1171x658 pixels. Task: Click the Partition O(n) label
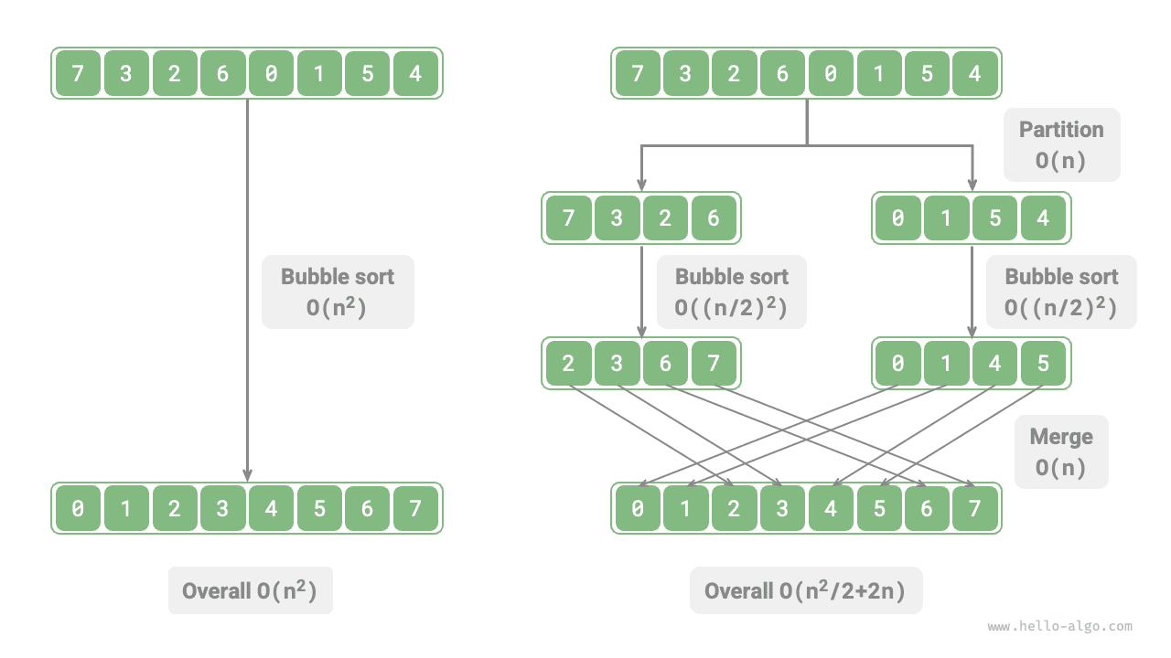tap(1061, 144)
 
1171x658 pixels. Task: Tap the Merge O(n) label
tap(1061, 451)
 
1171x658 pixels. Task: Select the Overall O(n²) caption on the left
tap(250, 590)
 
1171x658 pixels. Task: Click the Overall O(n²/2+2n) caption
tap(805, 590)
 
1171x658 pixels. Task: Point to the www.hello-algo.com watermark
tap(1059, 627)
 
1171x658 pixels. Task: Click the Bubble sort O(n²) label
tap(338, 292)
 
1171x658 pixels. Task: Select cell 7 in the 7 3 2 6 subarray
tap(569, 218)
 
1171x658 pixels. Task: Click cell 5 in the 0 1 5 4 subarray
tap(994, 218)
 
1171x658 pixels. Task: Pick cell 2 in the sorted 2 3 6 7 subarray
tap(569, 364)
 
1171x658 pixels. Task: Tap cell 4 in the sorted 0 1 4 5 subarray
tap(994, 364)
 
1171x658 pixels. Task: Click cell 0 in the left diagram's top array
tap(271, 73)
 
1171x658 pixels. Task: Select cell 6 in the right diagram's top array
tap(782, 73)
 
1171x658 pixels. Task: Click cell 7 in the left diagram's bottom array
tap(415, 508)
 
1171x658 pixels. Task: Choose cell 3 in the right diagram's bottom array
tap(782, 508)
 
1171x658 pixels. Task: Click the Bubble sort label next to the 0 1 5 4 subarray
tap(1061, 292)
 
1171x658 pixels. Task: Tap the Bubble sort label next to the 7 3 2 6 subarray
tap(731, 292)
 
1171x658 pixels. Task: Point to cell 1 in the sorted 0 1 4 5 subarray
tap(946, 364)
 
